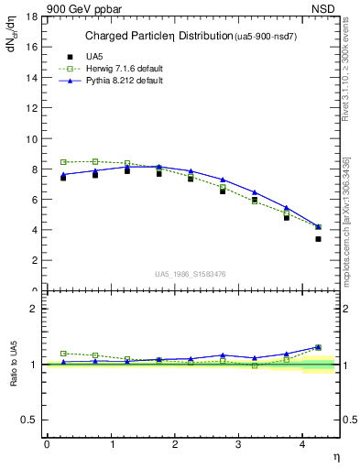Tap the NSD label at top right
[x=326, y=8]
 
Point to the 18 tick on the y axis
[x=34, y=17]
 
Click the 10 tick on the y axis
[x=34, y=139]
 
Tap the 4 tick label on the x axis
[x=303, y=444]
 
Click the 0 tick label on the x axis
[x=47, y=444]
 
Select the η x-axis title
[x=335, y=455]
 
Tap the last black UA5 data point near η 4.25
[x=318, y=239]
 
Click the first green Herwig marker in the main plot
[x=63, y=162]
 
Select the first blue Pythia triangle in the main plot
[x=63, y=174]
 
